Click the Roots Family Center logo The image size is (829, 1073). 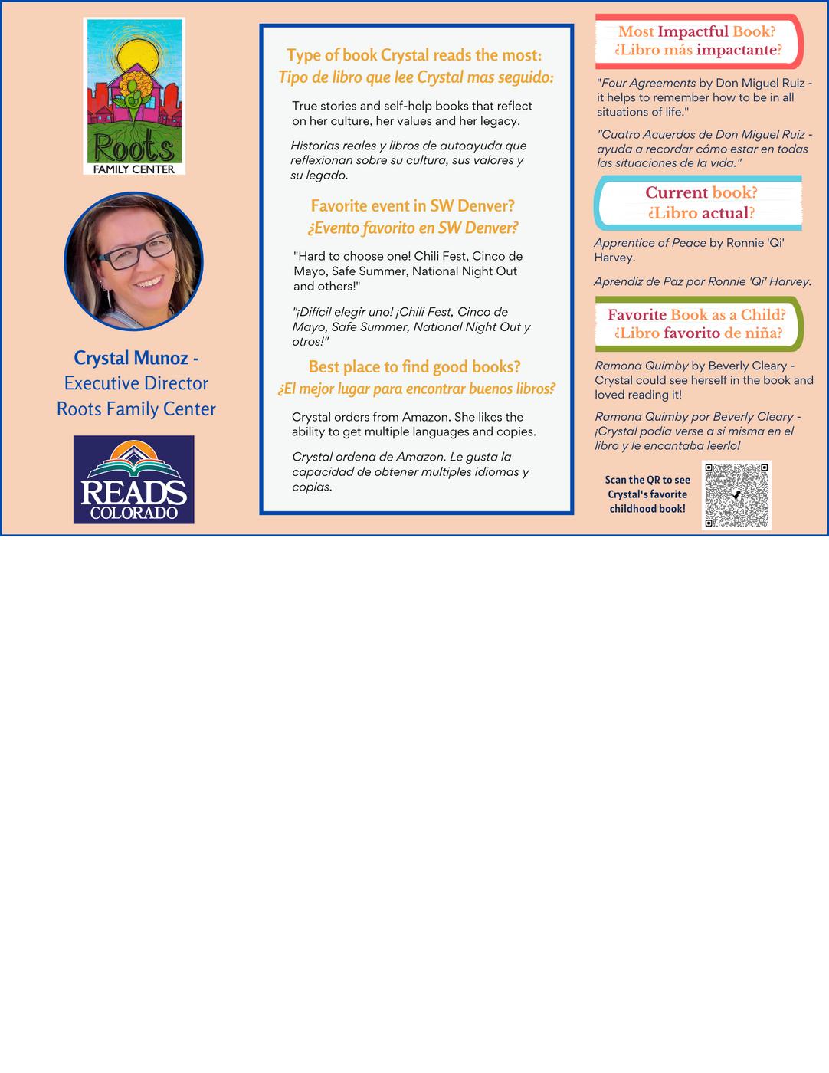click(x=134, y=96)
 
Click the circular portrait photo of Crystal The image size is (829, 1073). click(x=133, y=261)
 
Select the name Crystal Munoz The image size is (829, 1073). click(x=131, y=358)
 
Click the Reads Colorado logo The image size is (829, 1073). click(x=133, y=479)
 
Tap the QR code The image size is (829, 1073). click(x=736, y=494)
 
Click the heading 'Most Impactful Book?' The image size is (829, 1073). click(x=696, y=31)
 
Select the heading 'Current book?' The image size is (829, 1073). click(x=701, y=192)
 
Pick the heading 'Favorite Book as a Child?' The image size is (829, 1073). click(x=696, y=314)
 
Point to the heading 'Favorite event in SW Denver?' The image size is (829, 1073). click(x=412, y=205)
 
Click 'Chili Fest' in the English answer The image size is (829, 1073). click(x=441, y=256)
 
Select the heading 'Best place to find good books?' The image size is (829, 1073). click(x=414, y=366)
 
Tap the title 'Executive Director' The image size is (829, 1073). click(x=136, y=383)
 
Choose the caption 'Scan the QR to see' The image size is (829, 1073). click(x=647, y=480)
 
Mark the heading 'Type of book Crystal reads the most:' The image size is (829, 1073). click(x=414, y=55)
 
